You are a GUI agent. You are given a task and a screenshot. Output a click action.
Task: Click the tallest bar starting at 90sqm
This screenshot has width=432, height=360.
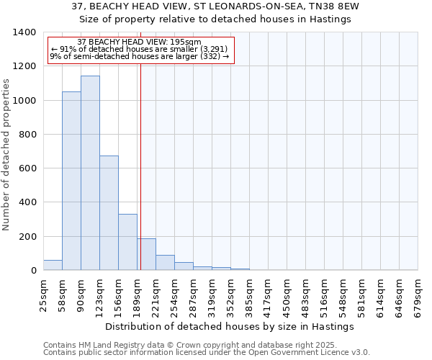[x=90, y=173]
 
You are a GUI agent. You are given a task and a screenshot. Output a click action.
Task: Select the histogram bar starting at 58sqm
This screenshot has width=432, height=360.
[x=71, y=181]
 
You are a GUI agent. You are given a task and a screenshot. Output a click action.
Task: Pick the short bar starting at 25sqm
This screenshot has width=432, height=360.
[x=53, y=265]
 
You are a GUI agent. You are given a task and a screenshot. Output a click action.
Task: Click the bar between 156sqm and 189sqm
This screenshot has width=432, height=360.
[x=127, y=242]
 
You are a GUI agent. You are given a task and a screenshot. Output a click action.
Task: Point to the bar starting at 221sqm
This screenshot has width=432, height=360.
[x=165, y=263]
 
